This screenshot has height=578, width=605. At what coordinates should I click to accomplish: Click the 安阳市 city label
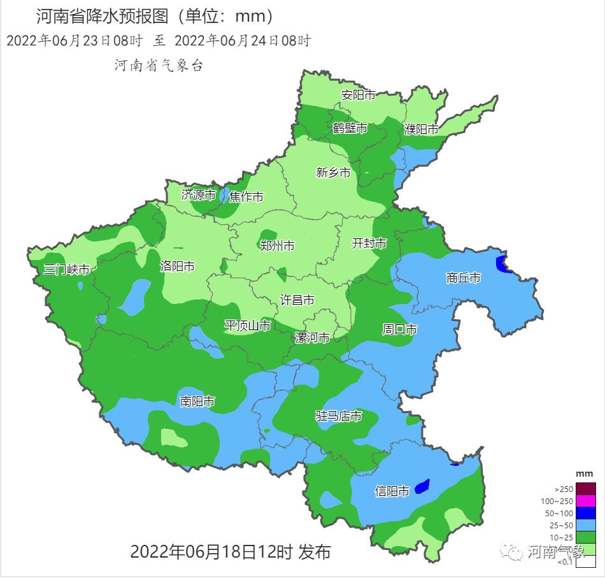coord(358,95)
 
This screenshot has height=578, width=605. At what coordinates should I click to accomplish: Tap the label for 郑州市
coord(277,245)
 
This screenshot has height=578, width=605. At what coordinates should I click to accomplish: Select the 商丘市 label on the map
coord(463,278)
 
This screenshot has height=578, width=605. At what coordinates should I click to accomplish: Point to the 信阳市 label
coord(392,491)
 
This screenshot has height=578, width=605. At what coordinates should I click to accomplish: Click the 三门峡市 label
coord(66,270)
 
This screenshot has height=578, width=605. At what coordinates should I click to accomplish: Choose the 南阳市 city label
coord(197,401)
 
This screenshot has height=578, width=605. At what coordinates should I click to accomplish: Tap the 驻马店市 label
coord(339,416)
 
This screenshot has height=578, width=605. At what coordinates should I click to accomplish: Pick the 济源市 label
coord(198,195)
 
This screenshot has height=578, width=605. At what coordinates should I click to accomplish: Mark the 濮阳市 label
coord(422,129)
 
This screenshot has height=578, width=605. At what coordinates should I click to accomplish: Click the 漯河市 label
coord(312,338)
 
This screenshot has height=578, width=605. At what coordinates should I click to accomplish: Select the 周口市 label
coord(399,329)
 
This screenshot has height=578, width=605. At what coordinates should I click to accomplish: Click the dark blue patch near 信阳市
coord(422,486)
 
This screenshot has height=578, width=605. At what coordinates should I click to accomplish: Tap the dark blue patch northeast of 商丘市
coord(502,264)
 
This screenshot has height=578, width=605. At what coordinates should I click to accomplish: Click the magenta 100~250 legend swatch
coord(586,501)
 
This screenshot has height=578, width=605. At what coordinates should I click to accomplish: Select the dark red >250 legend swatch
coord(586,489)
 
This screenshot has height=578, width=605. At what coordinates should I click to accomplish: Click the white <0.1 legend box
coord(586,561)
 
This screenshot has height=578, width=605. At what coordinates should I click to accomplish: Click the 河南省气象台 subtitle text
coord(159,65)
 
